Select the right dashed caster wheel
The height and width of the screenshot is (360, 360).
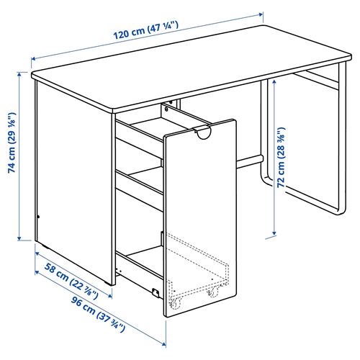point(212,293)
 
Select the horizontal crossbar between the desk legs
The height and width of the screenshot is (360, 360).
point(248,157)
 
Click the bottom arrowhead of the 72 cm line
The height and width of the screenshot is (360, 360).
point(274,234)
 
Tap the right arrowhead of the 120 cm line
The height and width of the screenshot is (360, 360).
point(260,13)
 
